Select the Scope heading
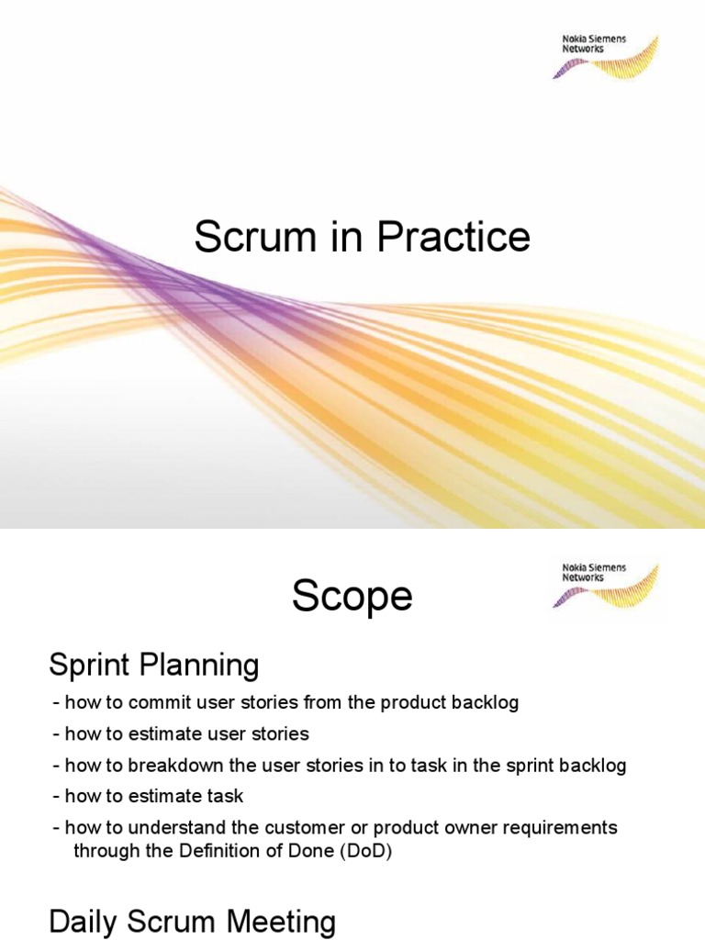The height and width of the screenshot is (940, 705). click(x=352, y=598)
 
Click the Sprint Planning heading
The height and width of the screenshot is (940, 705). click(x=153, y=665)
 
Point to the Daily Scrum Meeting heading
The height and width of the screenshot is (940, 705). click(x=192, y=921)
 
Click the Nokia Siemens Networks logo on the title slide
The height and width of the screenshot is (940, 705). click(x=604, y=56)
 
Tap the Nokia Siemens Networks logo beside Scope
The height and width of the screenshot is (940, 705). click(x=604, y=585)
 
